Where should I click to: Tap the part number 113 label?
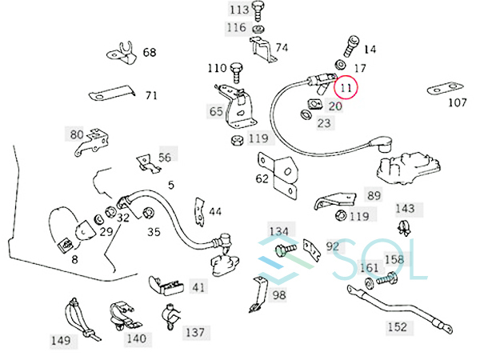[239, 10]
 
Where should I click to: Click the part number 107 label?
[457, 102]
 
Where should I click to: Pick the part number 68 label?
[150, 53]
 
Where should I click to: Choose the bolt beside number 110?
[237, 69]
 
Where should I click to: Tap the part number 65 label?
[217, 111]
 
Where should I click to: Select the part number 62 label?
[262, 179]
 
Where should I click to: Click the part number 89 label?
[374, 194]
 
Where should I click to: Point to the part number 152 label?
[397, 326]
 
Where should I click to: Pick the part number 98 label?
[278, 296]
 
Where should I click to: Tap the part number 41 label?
[198, 286]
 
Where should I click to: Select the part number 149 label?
[61, 341]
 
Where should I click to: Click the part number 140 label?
[136, 338]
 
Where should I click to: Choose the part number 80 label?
[77, 134]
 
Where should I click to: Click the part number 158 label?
[394, 260]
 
